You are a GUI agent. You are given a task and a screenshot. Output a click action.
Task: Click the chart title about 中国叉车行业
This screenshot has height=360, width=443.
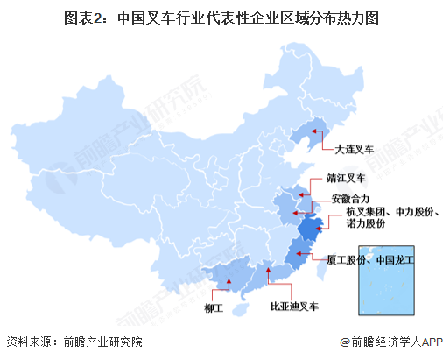point(221,17)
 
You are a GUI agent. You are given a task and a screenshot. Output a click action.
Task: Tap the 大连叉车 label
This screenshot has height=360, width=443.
point(348,149)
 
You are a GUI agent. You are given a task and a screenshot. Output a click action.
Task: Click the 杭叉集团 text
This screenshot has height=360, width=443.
point(364,213)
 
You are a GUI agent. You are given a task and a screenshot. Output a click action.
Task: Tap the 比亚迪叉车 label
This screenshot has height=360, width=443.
point(294,307)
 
